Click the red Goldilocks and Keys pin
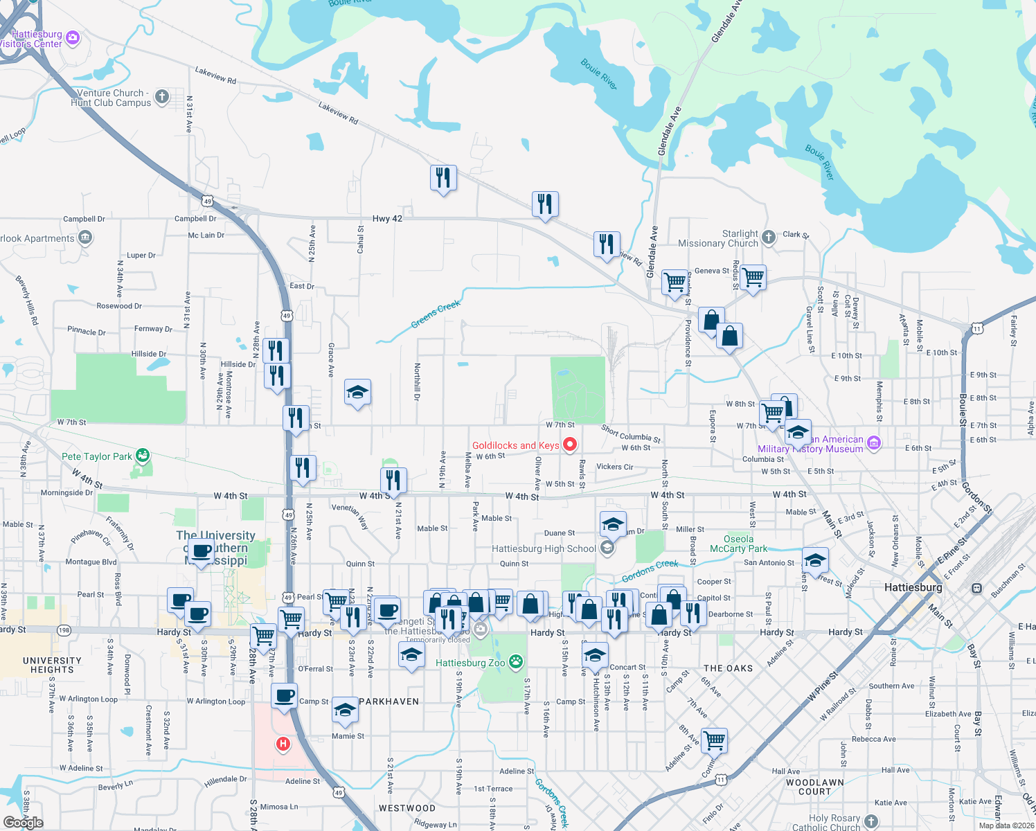570,445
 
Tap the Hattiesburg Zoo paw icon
516,662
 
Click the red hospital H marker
283,744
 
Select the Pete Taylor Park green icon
143,456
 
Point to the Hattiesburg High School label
544,548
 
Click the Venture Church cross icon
162,97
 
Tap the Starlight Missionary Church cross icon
769,238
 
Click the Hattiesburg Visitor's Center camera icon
73,37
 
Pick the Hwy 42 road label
387,219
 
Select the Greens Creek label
436,314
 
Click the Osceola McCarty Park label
738,544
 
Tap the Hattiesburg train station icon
976,589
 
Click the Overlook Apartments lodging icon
85,238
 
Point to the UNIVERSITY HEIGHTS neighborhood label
52,665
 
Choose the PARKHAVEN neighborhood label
389,702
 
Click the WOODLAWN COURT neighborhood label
814,787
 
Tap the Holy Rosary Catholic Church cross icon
871,821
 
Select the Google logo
23,823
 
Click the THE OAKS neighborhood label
728,668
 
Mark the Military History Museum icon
874,443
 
